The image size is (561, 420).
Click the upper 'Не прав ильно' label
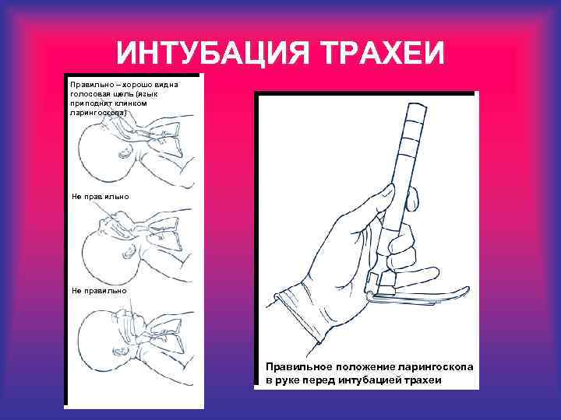tap(94, 197)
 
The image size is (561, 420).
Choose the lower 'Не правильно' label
tap(93, 290)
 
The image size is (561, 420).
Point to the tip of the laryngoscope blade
tap(464, 292)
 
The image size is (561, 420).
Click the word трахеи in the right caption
tap(424, 380)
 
